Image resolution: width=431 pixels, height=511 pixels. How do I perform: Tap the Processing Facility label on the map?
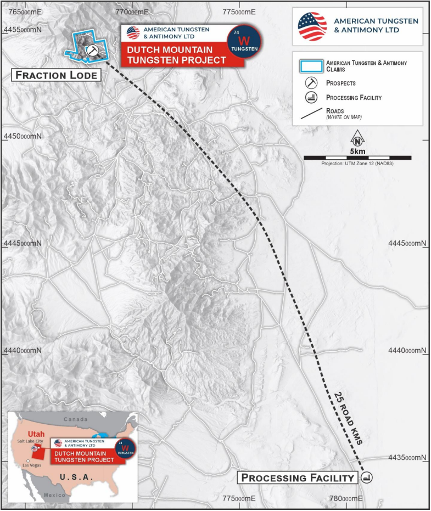click(x=297, y=478)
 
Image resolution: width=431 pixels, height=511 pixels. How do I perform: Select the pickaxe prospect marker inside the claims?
click(x=92, y=50)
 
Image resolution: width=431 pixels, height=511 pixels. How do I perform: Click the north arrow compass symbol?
click(x=357, y=139)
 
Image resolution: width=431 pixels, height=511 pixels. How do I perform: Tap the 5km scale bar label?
click(x=357, y=150)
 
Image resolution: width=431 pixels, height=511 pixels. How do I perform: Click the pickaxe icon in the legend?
click(x=311, y=83)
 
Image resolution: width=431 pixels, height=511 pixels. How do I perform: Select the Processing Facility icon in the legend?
click(x=311, y=98)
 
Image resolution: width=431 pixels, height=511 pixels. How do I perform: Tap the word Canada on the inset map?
click(x=75, y=419)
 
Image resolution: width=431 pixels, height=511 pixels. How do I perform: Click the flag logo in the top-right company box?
click(x=312, y=26)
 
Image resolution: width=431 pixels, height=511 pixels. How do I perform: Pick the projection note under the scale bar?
click(x=357, y=164)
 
